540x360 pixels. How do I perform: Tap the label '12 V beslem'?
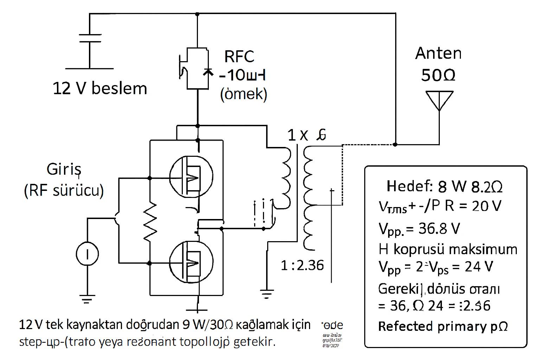(x=100, y=88)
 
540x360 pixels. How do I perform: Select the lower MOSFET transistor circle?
(x=191, y=261)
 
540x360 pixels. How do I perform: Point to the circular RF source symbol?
(x=87, y=254)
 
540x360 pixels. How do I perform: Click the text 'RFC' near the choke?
(x=239, y=56)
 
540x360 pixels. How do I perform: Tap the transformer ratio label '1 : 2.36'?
(x=302, y=265)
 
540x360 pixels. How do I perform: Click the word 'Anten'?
(x=438, y=53)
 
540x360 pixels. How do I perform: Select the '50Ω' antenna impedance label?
(x=438, y=75)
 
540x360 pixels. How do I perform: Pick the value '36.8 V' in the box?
(x=439, y=229)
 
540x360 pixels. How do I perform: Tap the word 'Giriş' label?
(x=64, y=170)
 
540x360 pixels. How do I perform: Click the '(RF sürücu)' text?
(x=64, y=191)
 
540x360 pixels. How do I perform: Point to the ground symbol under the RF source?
(x=87, y=298)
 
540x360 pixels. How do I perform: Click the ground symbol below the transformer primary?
(x=267, y=293)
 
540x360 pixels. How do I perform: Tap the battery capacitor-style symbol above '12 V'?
(x=90, y=39)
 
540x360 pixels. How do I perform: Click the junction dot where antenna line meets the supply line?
(x=395, y=144)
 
